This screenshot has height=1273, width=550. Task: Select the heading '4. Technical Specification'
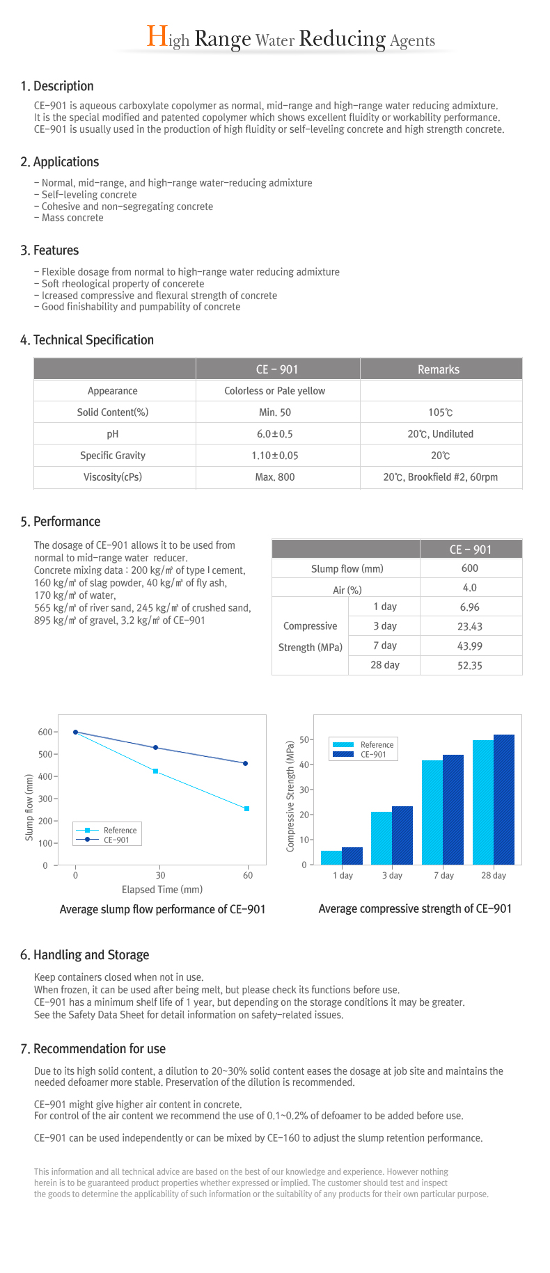coord(87,340)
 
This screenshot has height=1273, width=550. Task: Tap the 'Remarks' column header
coord(439,369)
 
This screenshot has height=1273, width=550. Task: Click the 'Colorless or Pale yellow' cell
coord(275,391)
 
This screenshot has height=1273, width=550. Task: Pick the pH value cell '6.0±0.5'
coord(275,434)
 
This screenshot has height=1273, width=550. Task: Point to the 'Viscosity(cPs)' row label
coord(113,477)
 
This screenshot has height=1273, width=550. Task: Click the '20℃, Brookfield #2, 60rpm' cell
coord(441,477)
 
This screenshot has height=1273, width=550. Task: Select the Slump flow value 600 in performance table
coord(470,568)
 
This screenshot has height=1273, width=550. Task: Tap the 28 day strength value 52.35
coord(470,666)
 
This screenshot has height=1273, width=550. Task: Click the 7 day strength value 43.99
coord(470,646)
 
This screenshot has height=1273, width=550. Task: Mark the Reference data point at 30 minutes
coord(155,771)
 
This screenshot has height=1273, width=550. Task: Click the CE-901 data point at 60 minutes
coord(245,764)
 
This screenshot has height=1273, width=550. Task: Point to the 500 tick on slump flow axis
coord(46,755)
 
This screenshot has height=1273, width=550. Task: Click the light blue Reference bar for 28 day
coord(483,802)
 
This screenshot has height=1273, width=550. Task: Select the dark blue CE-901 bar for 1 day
coord(352,856)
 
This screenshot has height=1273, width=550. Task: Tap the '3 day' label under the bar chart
coord(392,876)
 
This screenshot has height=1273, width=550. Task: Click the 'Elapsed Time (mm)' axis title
coord(162,890)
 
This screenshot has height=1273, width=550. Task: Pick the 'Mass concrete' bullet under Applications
coord(69,218)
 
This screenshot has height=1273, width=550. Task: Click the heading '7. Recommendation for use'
coord(93,1049)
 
